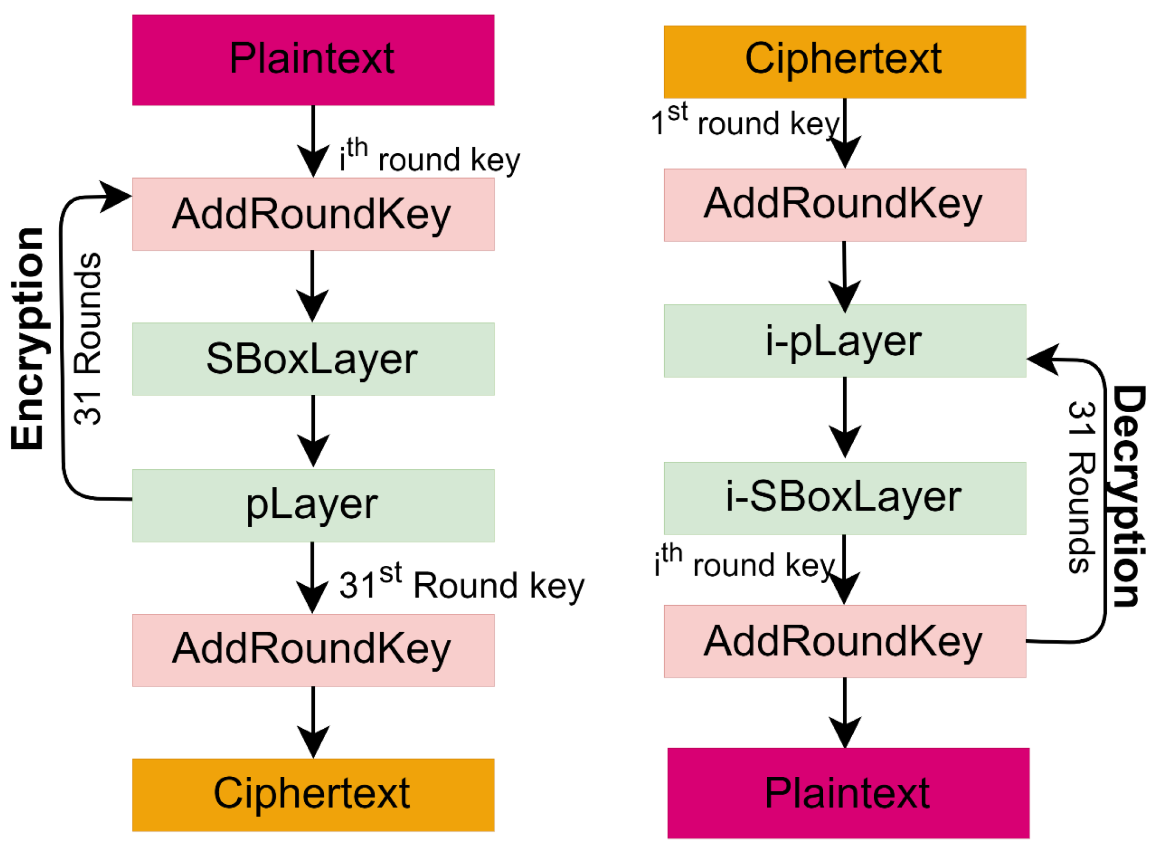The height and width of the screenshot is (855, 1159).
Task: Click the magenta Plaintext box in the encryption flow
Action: coord(313,59)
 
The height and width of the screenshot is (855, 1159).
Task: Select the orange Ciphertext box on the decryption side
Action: coord(844,61)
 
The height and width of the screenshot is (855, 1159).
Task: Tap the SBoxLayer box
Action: coord(313,359)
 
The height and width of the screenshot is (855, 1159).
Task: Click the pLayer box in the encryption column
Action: coord(313,505)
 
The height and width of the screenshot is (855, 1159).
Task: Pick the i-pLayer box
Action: coord(844,340)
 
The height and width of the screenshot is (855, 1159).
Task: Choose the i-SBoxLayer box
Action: coord(844,497)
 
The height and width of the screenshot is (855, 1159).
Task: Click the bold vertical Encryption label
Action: coord(27,338)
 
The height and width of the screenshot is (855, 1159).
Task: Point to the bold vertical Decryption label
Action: coord(1128,496)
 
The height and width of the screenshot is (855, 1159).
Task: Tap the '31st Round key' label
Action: coord(461,584)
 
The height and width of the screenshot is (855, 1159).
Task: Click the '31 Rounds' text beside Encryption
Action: coord(87,338)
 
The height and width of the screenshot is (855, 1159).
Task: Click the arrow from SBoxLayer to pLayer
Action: coord(313,432)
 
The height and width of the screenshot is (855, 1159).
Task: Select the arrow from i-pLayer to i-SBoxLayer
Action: coord(844,419)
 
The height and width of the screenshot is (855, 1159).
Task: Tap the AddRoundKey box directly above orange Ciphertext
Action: coord(313,650)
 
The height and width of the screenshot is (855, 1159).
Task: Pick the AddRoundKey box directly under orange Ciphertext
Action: coord(844,205)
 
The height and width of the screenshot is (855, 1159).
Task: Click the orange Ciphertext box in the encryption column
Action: coord(313,795)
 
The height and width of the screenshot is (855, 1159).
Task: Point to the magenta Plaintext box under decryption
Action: coord(848,793)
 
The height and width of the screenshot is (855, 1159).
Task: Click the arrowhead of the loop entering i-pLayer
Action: coord(1044,359)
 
